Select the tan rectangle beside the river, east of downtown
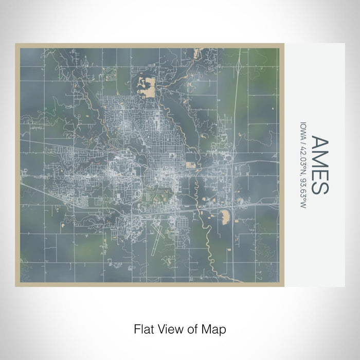tap(191, 165)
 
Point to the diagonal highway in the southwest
tap(51, 196)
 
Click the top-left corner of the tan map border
tap(17, 45)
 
